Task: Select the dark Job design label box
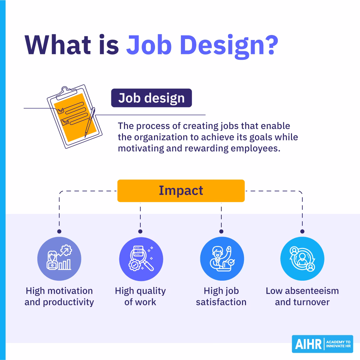pos(151,98)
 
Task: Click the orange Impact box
pos(181,191)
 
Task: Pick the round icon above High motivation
pos(59,259)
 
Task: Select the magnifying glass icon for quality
pos(141,259)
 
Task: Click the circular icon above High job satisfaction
pos(222,259)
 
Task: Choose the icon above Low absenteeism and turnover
pos(302,259)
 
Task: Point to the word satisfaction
pos(221,302)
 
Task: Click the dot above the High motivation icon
pos(59,231)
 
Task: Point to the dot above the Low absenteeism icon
pos(302,231)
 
